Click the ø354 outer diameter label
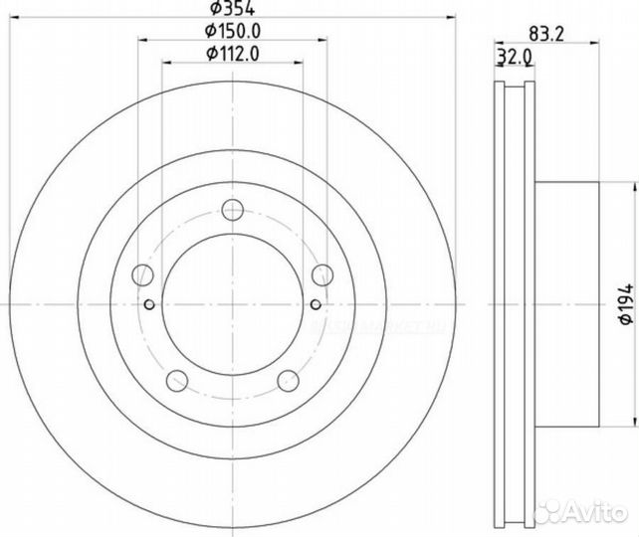click(231, 10)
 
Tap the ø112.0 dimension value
click(233, 54)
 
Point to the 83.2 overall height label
click(546, 32)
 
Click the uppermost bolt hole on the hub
click(233, 210)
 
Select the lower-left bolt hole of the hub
click(178, 379)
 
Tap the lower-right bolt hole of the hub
click(288, 379)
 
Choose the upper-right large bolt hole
click(321, 275)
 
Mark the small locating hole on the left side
click(149, 304)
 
